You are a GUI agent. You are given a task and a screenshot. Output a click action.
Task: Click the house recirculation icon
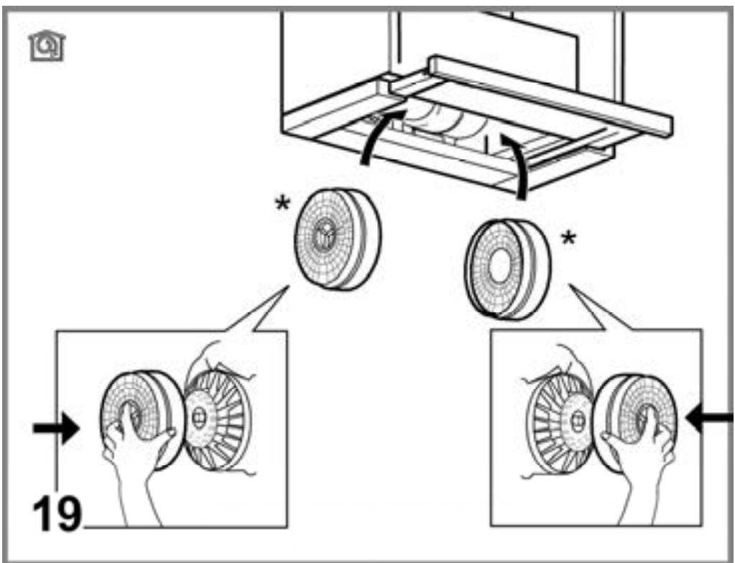pyautogui.click(x=47, y=46)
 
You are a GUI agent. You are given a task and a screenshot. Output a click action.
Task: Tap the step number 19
pyautogui.click(x=57, y=513)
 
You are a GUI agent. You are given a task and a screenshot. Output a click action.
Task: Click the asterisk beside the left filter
pyautogui.click(x=282, y=204)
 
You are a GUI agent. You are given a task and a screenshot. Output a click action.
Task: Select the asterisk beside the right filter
pyautogui.click(x=568, y=239)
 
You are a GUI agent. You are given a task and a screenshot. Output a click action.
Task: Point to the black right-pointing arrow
pyautogui.click(x=56, y=428)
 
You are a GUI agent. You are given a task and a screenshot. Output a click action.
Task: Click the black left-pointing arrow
pyautogui.click(x=708, y=417)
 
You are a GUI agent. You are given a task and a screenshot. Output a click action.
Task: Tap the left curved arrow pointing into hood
pyautogui.click(x=379, y=136)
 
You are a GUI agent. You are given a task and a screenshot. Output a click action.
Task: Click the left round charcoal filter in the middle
pyautogui.click(x=338, y=239)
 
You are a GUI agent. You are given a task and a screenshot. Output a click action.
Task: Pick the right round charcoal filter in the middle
pyautogui.click(x=508, y=269)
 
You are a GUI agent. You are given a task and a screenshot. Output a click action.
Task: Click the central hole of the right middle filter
pyautogui.click(x=499, y=266)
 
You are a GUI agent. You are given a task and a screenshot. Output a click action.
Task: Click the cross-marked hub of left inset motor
pyautogui.click(x=199, y=417)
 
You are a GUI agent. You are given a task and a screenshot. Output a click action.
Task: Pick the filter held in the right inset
pyautogui.click(x=637, y=419)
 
